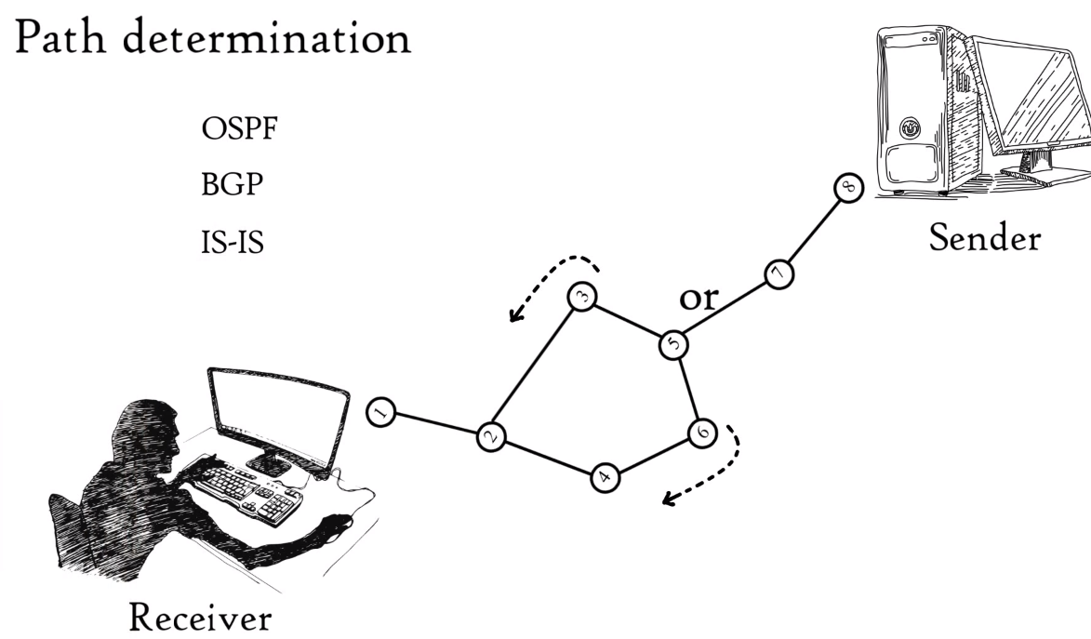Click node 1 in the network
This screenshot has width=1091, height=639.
tap(380, 410)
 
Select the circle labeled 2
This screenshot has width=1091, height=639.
tap(491, 437)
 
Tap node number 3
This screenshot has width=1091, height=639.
tap(583, 298)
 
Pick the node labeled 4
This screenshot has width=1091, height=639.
tap(605, 478)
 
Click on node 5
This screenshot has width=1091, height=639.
tap(673, 344)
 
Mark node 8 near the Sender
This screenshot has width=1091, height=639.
tap(848, 189)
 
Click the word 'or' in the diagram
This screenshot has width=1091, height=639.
tap(699, 298)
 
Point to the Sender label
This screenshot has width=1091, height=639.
tap(985, 238)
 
